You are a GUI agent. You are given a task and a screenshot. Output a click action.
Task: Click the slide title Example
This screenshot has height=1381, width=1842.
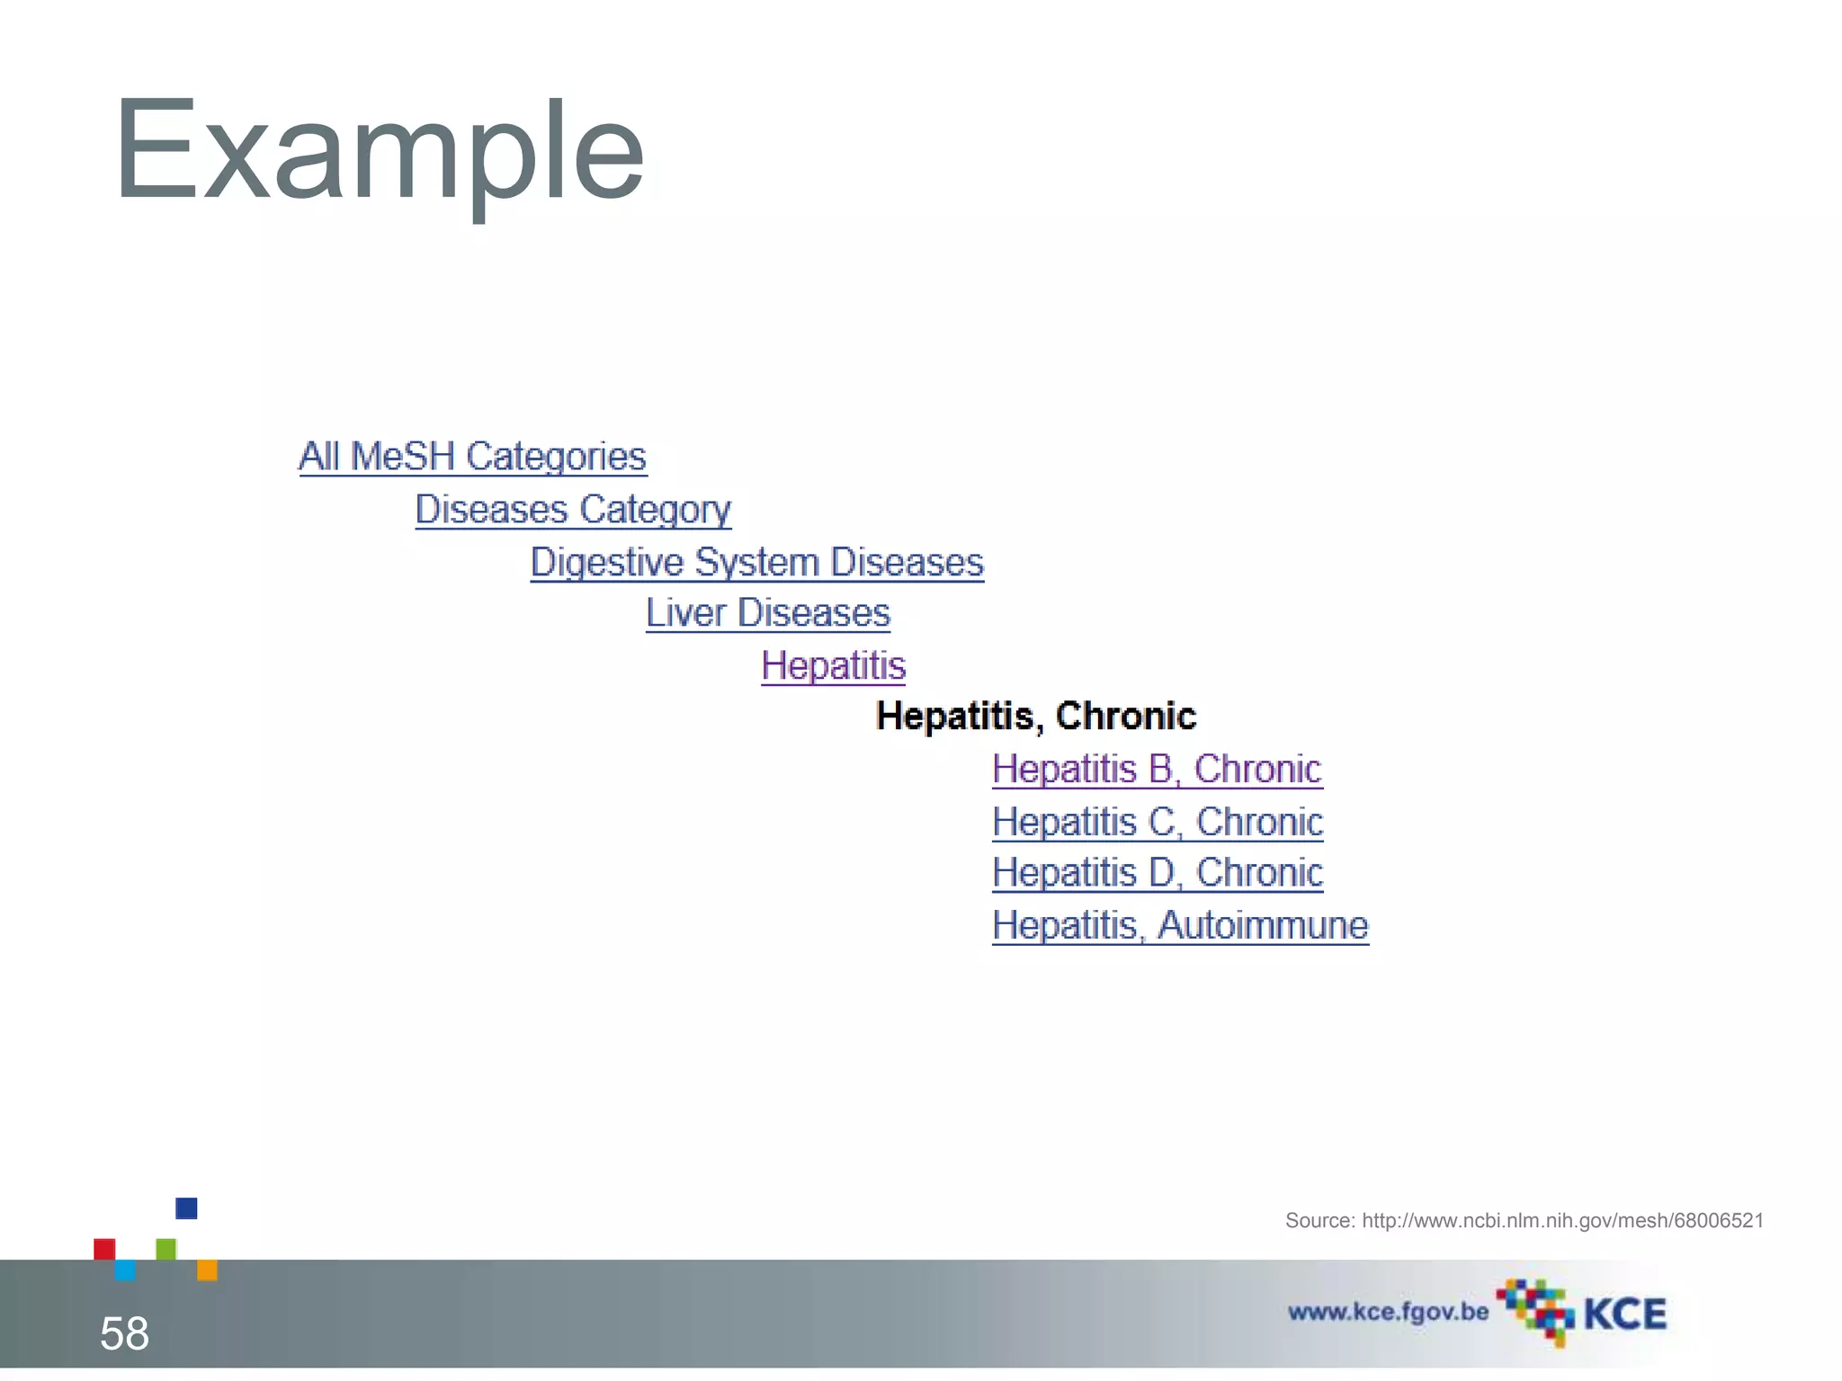click(379, 151)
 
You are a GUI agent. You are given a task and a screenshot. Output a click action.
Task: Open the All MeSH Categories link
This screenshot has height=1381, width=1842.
click(472, 457)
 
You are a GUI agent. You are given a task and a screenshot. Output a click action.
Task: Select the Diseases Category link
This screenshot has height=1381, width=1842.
click(573, 510)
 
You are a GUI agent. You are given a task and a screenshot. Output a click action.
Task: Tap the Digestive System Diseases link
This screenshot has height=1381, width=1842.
click(756, 563)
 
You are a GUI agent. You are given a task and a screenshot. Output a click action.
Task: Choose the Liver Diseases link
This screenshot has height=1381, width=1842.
click(767, 614)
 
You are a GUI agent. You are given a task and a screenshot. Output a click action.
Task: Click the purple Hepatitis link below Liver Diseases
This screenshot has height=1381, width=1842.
click(833, 666)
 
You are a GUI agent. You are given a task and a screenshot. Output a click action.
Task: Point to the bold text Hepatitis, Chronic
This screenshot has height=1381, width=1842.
click(1036, 717)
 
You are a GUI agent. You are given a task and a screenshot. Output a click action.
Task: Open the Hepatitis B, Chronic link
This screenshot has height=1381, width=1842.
click(1157, 770)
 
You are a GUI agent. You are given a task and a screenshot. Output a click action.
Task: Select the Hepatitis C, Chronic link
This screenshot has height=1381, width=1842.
click(1158, 822)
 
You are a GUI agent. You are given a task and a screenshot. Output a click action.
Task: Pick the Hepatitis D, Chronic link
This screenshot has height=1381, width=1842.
click(1158, 873)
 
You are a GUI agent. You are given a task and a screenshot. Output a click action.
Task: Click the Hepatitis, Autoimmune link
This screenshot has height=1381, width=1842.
click(1180, 925)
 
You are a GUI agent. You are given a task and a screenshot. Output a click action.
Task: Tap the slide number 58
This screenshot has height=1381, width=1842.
click(124, 1333)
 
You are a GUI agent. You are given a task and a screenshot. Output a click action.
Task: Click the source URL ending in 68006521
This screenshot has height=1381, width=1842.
click(1562, 1221)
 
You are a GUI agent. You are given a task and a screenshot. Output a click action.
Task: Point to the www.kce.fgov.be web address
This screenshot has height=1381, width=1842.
click(1388, 1312)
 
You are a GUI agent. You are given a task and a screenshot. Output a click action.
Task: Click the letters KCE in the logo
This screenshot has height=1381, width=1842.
click(1624, 1314)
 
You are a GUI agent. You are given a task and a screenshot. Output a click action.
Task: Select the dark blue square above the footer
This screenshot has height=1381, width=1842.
click(186, 1208)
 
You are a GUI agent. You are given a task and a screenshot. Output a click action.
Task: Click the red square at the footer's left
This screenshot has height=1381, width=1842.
click(104, 1249)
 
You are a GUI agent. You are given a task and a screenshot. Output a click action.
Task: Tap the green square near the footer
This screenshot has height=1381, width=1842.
click(166, 1249)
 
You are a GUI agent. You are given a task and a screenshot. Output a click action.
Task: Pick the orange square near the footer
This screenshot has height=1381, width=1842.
click(207, 1270)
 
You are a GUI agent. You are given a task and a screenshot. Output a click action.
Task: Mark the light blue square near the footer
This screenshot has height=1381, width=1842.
click(125, 1270)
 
